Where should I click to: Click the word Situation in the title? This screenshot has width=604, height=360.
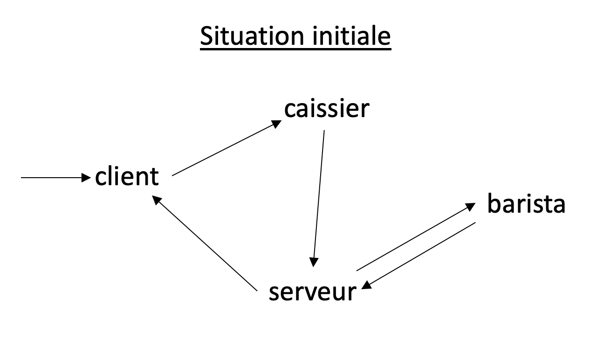coord(252,36)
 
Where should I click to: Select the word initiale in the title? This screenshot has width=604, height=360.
coord(351,36)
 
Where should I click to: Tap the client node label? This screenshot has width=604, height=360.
coord(127,176)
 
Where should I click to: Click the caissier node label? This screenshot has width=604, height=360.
coord(327,109)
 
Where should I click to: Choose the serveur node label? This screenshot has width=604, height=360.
coord(313,292)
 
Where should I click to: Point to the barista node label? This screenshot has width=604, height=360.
coord(526,203)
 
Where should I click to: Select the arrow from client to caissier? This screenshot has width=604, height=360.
coord(227,148)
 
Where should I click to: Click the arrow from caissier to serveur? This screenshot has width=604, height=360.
coord(319,199)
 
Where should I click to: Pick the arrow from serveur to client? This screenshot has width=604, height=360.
coord(205,243)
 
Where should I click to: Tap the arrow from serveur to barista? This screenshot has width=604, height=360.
coord(416,237)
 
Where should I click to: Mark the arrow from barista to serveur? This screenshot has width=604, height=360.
coord(418,256)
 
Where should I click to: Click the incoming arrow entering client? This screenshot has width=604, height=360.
coord(56,178)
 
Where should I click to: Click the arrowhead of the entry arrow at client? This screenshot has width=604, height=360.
coord(86,178)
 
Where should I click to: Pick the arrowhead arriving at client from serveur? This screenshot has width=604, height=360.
coord(157,200)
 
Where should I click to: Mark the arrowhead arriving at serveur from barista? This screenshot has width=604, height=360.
coord(366,285)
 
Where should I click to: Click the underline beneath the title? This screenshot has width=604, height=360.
coord(295,49)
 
